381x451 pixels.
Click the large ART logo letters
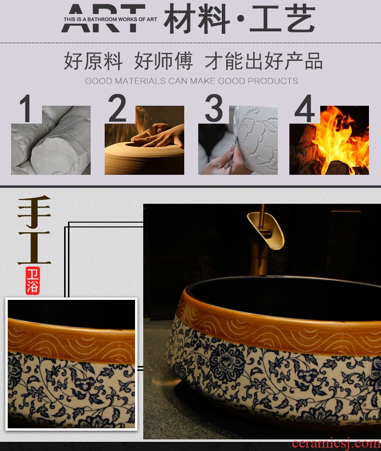coord(103,18)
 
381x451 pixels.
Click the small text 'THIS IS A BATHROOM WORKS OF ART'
coord(110,19)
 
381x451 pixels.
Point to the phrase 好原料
coord(93,61)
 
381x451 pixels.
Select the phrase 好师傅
coord(163,61)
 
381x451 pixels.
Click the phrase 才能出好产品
coord(263,61)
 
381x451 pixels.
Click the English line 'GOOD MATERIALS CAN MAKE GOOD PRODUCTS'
coord(191,81)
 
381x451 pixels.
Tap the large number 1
coord(26,109)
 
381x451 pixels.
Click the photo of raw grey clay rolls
coord(51,140)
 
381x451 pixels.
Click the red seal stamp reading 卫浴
coord(32,281)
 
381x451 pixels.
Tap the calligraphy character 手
coord(34,211)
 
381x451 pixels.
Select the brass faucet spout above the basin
coord(265,230)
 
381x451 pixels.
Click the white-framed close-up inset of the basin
coord(71,364)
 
